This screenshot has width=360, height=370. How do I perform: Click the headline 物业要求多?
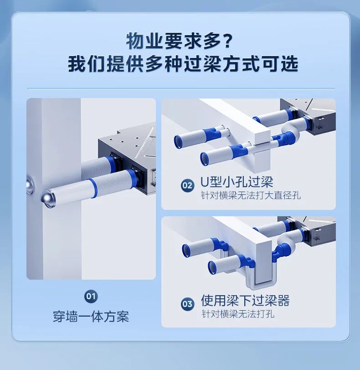point(180,41)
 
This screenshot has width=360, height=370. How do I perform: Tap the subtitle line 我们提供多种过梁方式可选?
point(183,63)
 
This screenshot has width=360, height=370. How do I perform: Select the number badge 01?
point(91,297)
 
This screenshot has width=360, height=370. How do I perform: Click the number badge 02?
point(187,185)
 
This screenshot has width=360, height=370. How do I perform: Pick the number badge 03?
point(187,303)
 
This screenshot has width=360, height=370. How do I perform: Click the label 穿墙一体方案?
point(91,316)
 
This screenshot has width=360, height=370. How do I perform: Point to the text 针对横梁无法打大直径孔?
point(251,196)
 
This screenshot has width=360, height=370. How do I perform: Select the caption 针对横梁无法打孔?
point(237,314)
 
